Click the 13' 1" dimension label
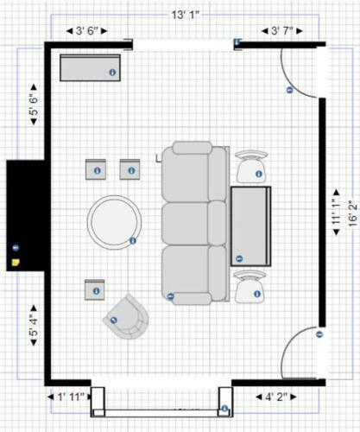click(186, 15)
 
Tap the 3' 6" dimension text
click(87, 31)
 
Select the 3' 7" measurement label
click(282, 31)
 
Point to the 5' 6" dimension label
click(34, 105)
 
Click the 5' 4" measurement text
click(34, 326)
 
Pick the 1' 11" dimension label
click(71, 397)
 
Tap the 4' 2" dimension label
click(276, 397)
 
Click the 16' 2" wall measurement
click(353, 213)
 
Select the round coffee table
click(114, 222)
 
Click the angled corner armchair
click(127, 317)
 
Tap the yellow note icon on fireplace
click(16, 263)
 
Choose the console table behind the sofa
click(250, 226)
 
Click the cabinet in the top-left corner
click(90, 67)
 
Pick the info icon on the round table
click(133, 240)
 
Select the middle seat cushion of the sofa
click(185, 224)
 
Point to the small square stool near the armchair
click(95, 289)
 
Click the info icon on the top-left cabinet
click(112, 73)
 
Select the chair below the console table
click(249, 287)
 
